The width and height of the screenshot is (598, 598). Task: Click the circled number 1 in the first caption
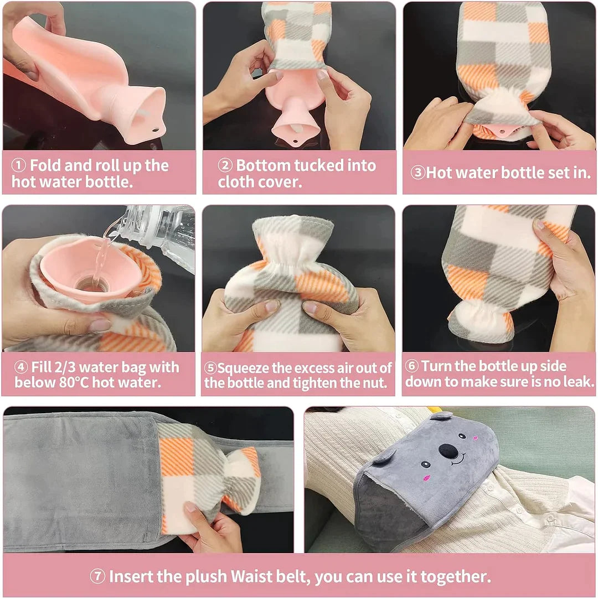tap(19, 165)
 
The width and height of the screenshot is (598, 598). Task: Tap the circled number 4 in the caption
tap(20, 367)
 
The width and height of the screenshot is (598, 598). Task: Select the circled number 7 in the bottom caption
tap(97, 576)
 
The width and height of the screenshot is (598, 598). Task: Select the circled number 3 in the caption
tap(417, 173)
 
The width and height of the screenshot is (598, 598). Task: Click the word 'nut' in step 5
tap(374, 383)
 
